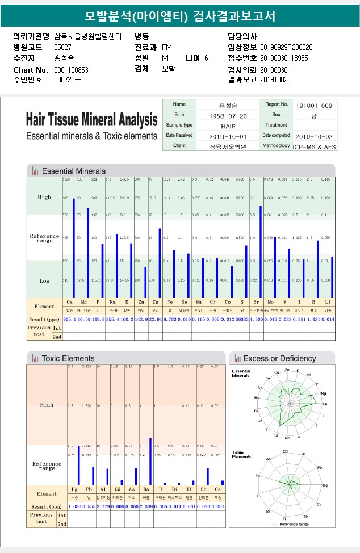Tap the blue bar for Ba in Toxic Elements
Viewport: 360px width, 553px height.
pos(150,461)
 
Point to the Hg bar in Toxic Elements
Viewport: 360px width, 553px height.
pos(78,464)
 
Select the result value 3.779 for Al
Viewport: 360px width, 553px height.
pos(103,506)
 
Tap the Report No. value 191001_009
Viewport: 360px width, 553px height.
pos(314,105)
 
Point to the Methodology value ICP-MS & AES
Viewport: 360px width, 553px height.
pos(314,146)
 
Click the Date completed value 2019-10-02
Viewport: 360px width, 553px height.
pos(314,136)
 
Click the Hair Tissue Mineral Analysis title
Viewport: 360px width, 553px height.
pos(91,120)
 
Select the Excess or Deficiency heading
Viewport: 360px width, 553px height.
pos(279,358)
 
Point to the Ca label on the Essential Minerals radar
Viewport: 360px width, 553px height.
pos(325,404)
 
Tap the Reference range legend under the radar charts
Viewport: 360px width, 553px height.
pos(294,524)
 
